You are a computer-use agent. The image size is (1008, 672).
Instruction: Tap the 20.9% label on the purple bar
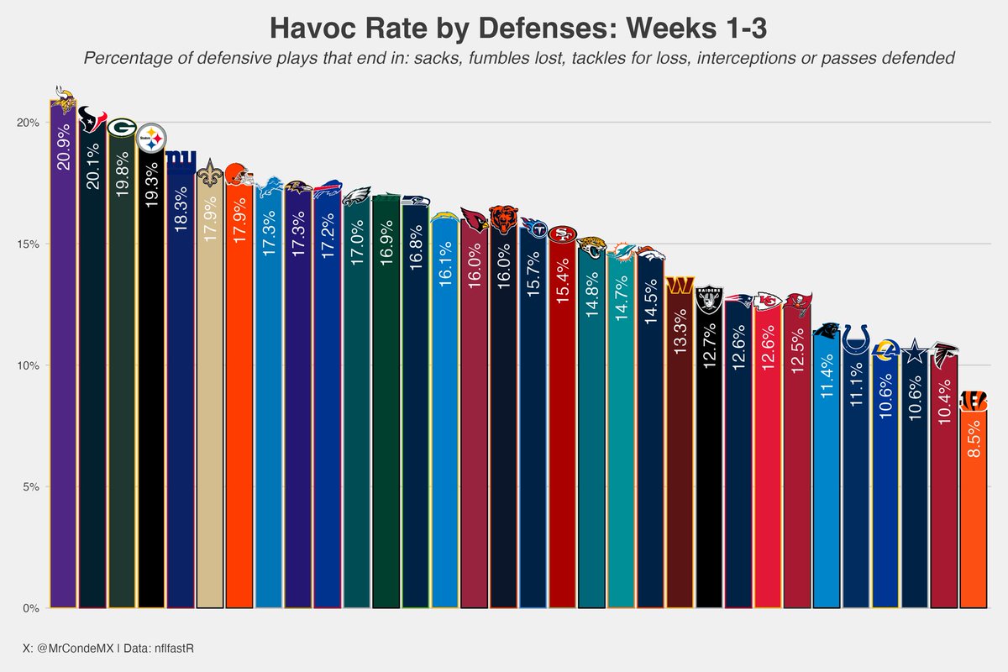64,148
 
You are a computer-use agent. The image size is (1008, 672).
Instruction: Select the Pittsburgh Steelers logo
151,138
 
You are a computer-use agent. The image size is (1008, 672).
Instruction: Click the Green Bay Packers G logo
122,128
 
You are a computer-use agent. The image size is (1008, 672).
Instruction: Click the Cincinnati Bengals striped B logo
974,399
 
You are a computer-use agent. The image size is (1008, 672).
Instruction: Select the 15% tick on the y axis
29,244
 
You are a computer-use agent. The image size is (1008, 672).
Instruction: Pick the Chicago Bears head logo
504,219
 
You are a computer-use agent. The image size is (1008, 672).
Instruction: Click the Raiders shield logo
709,300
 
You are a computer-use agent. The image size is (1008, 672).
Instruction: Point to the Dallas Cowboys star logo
915,355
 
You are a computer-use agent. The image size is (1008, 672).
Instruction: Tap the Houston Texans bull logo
92,121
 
